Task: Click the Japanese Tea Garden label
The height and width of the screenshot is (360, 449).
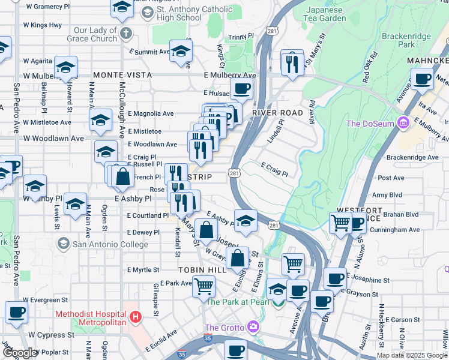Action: [x=326, y=14]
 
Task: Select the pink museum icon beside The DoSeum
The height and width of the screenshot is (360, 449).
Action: [x=403, y=124]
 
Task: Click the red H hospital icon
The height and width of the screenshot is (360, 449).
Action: [x=136, y=316]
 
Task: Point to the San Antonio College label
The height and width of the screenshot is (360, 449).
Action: [x=110, y=244]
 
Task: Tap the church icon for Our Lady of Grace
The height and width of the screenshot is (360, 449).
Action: [x=125, y=34]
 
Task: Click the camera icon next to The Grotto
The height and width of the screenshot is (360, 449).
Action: [x=253, y=328]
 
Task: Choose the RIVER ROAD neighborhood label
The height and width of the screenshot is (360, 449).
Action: [x=277, y=113]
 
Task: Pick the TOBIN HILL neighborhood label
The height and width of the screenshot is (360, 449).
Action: [x=202, y=271]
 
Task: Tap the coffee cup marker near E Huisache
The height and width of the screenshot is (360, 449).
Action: [x=241, y=89]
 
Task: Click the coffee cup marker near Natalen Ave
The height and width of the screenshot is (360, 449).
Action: [x=422, y=79]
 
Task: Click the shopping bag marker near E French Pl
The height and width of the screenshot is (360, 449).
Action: [x=122, y=176]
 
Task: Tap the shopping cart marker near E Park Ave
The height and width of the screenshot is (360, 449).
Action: [x=203, y=286]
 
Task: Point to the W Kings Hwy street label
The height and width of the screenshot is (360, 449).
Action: [x=42, y=25]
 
